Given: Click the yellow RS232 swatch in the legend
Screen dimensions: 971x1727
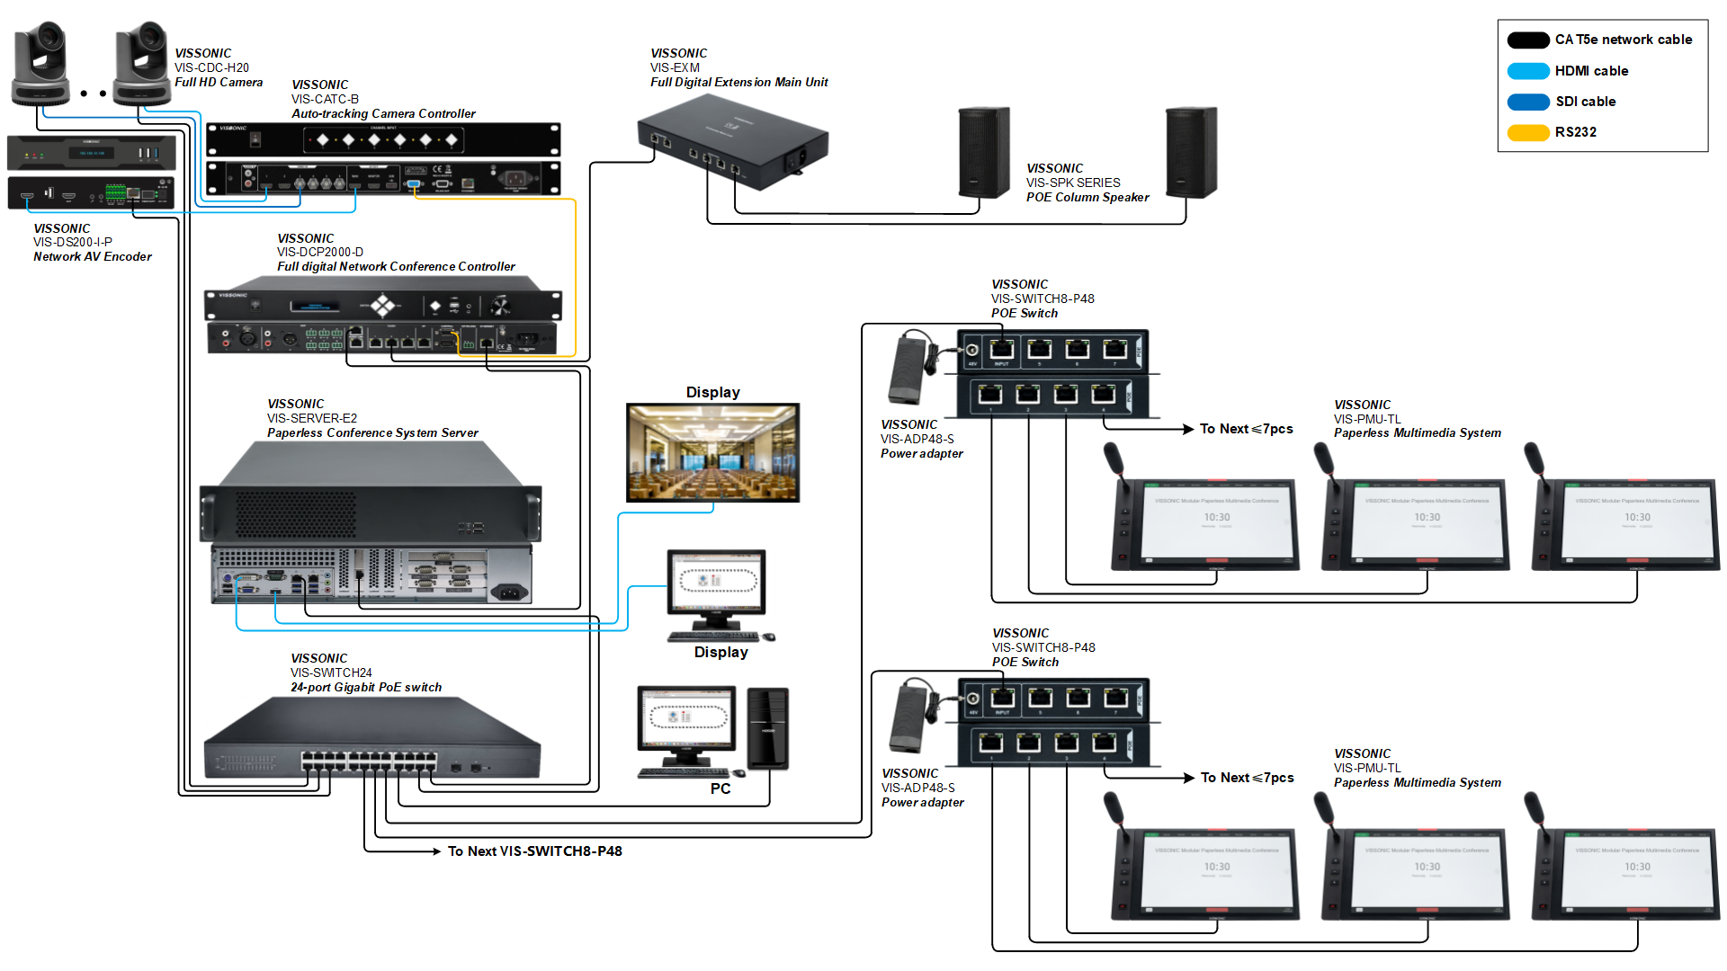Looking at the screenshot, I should click(x=1527, y=133).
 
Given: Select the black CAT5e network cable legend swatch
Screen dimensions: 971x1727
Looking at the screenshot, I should click(x=1527, y=40).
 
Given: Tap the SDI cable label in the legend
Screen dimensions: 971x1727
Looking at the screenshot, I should click(x=1585, y=102).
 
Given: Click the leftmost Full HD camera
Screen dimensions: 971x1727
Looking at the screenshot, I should click(x=40, y=63).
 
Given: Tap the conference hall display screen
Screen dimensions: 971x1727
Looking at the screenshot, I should click(x=712, y=452).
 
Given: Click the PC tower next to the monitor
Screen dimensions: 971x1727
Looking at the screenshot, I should click(x=767, y=728).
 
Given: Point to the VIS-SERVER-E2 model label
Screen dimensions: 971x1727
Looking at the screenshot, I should click(x=312, y=418).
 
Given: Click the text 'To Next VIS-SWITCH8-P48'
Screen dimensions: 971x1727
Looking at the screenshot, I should click(x=535, y=851).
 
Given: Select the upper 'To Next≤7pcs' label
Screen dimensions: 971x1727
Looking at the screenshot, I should click(x=1246, y=429).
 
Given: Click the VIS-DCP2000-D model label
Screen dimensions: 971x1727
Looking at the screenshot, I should click(x=320, y=252).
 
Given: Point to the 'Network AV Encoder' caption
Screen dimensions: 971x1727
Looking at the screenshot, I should click(x=93, y=257).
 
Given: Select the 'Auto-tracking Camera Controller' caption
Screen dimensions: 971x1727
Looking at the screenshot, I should click(x=383, y=113).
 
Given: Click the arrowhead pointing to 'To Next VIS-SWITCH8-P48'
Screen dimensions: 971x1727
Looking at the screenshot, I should click(x=435, y=851).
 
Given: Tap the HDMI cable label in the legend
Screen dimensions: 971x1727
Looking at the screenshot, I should click(x=1591, y=71).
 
